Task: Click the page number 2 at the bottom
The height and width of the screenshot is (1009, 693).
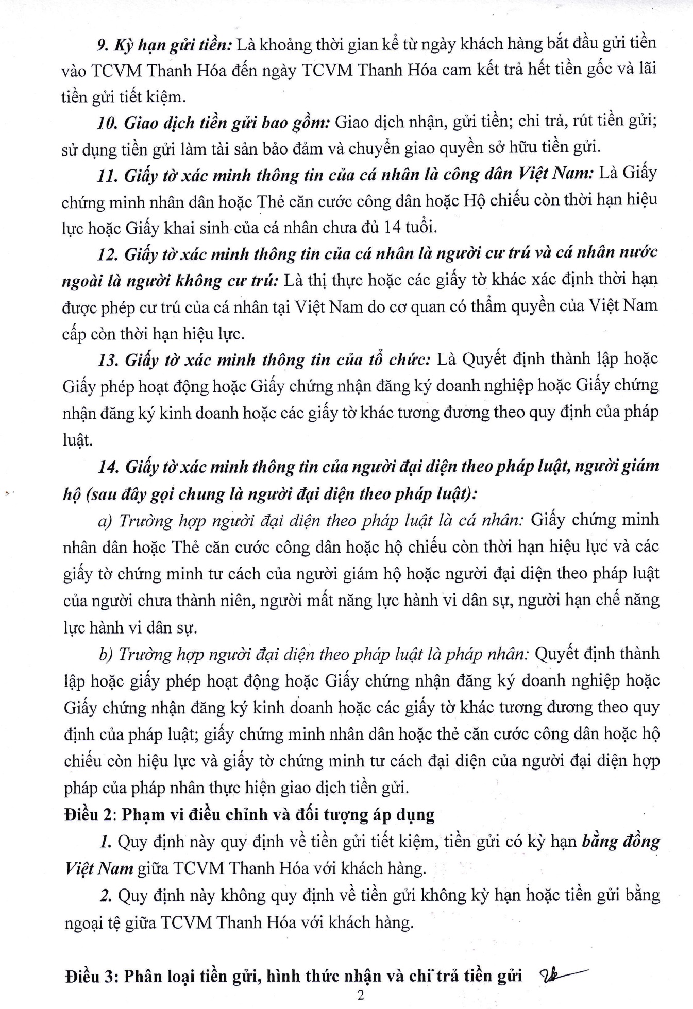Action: click(360, 995)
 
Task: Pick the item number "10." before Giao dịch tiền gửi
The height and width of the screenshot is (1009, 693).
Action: click(107, 123)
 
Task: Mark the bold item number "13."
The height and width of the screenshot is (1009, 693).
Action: click(108, 360)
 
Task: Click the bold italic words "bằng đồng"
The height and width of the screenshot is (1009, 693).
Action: click(620, 841)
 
